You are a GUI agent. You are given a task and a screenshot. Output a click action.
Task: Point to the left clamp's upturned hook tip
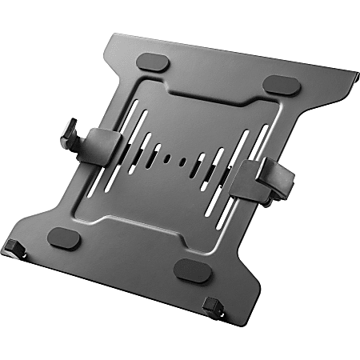[69, 128]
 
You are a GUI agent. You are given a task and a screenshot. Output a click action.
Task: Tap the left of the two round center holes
[182, 159]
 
